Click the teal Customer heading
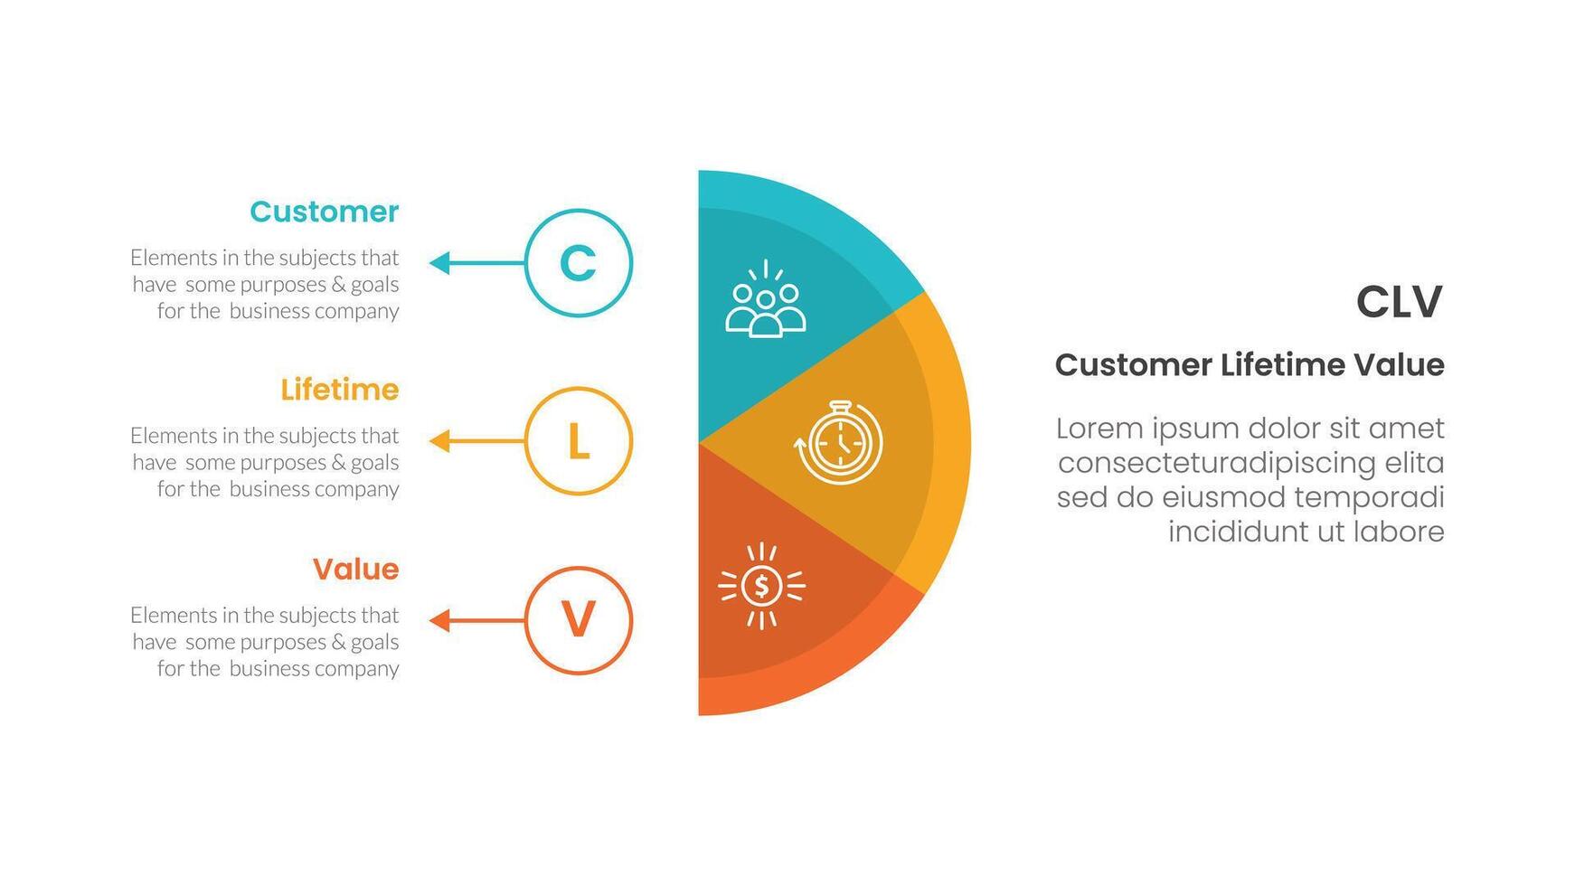coord(324,212)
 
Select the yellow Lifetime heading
coord(339,390)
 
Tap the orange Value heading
coord(355,569)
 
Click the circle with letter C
coord(579,263)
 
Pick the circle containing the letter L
coord(579,441)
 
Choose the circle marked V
coord(579,620)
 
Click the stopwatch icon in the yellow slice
coord(839,442)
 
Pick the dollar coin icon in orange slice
coord(761,586)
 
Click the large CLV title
coord(1399,302)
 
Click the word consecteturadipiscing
coord(1217,463)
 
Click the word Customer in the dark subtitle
coord(1133,365)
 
